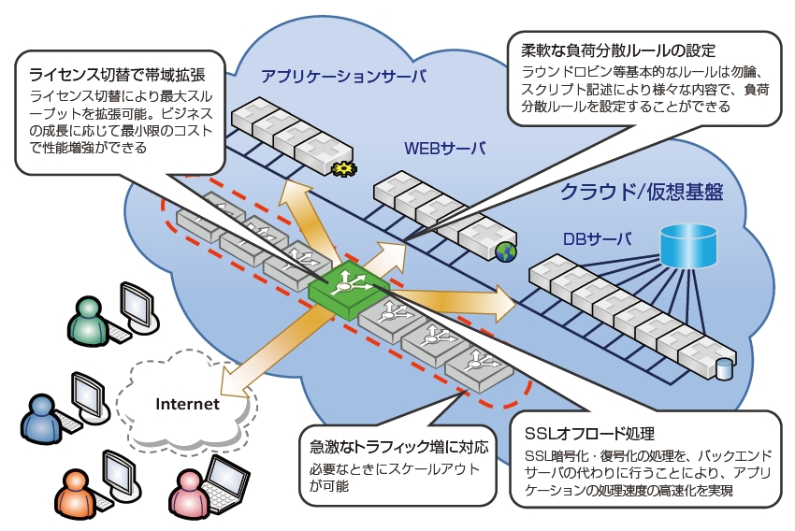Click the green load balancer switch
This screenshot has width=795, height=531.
coord(347,286)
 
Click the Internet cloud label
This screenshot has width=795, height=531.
coord(187,404)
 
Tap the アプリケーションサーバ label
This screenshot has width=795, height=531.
coord(343,76)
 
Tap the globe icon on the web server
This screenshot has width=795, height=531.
coord(505,251)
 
